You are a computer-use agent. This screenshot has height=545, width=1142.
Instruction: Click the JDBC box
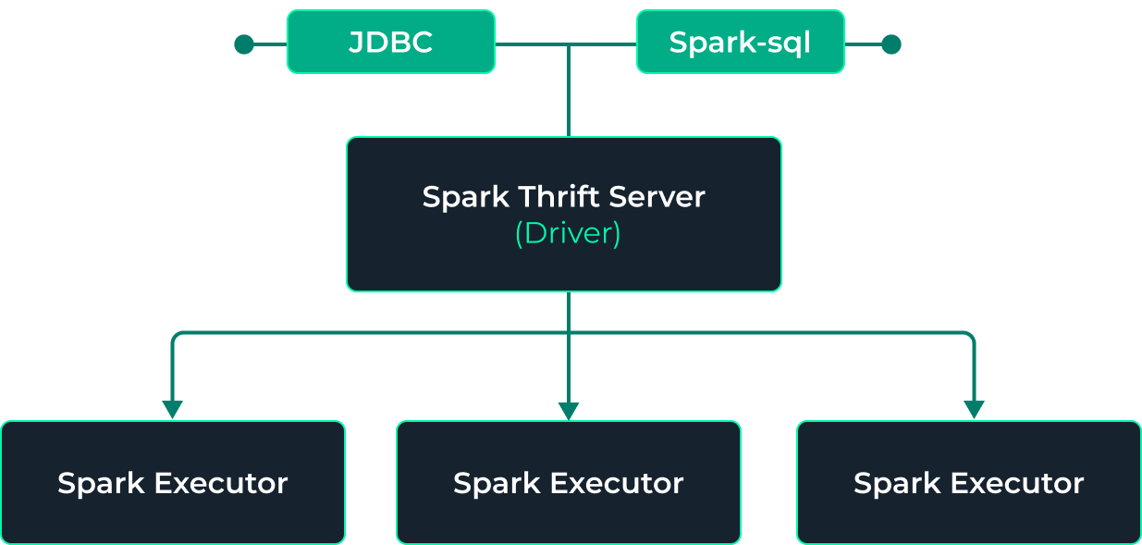[390, 42]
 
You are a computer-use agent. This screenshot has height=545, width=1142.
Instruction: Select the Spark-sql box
[740, 42]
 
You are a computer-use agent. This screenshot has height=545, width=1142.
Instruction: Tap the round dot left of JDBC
[244, 44]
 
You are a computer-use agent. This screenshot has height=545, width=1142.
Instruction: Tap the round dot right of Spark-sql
[890, 44]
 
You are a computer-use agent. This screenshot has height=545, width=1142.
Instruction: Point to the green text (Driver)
[567, 233]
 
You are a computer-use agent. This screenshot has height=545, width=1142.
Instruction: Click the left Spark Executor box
[172, 482]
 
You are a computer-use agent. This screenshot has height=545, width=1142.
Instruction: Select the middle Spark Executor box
[568, 482]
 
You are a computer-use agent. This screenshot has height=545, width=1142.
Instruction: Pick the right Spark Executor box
[968, 482]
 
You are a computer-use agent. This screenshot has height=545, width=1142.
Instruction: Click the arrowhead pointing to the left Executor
[172, 409]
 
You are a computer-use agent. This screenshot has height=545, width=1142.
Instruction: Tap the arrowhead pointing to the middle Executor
[569, 410]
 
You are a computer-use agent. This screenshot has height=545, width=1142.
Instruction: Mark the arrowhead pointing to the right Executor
[973, 409]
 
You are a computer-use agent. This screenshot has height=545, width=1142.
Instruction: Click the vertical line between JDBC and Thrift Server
[569, 93]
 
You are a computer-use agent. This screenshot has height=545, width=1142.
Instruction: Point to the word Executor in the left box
[221, 483]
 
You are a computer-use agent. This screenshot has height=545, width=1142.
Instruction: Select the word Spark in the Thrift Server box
[465, 197]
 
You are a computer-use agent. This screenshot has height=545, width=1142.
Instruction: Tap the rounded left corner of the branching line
[176, 336]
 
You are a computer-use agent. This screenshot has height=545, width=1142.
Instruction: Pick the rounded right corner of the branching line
[969, 336]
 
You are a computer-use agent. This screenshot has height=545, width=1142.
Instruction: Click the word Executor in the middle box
[617, 483]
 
